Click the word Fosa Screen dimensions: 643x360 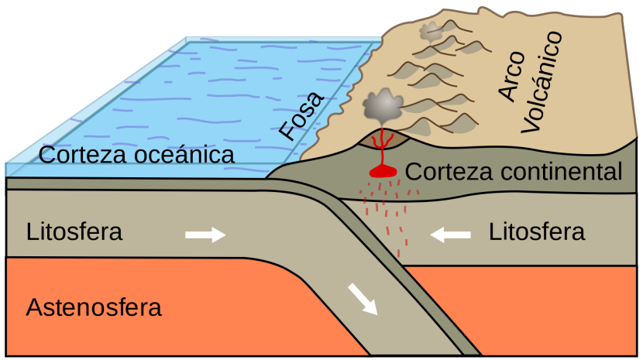coord(301,116)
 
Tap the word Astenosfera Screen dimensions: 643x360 coord(94,307)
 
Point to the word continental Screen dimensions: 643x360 coord(560,171)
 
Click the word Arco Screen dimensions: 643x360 coord(513,77)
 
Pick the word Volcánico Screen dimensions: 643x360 coord(542,82)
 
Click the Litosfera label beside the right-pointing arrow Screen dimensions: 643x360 coord(74,231)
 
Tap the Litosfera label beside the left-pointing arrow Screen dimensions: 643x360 coord(537,231)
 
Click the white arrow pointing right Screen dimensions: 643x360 coord(205,235)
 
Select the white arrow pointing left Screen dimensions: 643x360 coord(450,235)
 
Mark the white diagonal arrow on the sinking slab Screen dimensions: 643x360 coord(363,299)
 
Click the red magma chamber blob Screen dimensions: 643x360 coord(383,172)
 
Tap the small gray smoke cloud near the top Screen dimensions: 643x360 coord(431,31)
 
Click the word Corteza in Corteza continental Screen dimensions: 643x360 coord(449,171)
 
